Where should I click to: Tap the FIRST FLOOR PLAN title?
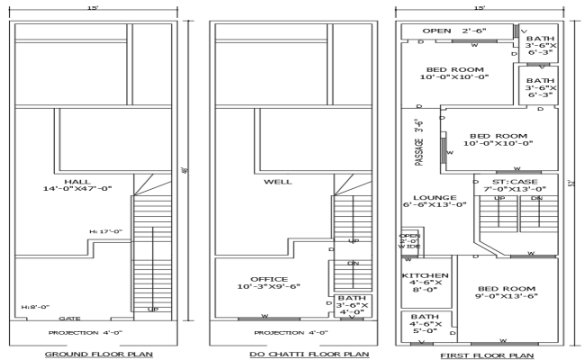pyautogui.click(x=481, y=355)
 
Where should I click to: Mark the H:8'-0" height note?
pyautogui.click(x=36, y=308)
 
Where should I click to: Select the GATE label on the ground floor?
pyautogui.click(x=69, y=318)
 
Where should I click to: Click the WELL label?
pyautogui.click(x=277, y=182)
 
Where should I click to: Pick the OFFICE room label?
pyautogui.click(x=269, y=283)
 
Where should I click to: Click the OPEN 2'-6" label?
pyautogui.click(x=454, y=31)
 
